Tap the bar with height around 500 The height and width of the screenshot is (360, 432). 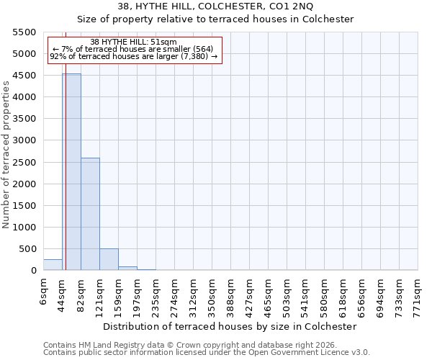109,259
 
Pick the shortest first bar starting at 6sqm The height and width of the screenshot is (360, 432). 53,265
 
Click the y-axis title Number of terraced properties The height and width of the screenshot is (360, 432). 6,155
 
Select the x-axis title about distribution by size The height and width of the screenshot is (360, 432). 230,326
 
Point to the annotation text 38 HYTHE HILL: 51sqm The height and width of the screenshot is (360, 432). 133,42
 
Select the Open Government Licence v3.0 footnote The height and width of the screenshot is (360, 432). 207,353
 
